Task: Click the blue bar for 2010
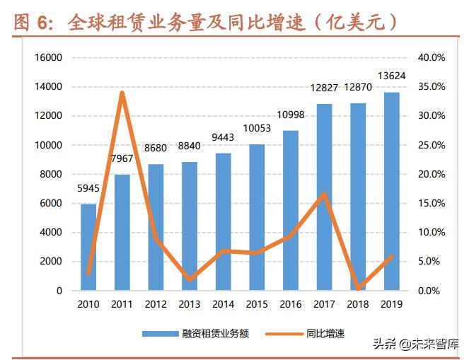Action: [88, 247]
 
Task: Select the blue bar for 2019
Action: [391, 191]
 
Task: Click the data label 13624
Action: [391, 76]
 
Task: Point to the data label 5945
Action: [88, 189]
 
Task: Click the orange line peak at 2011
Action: [122, 93]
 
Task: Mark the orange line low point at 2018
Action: [358, 288]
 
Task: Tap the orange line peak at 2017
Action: [324, 194]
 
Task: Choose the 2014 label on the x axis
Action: [223, 304]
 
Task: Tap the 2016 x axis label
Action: [290, 304]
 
